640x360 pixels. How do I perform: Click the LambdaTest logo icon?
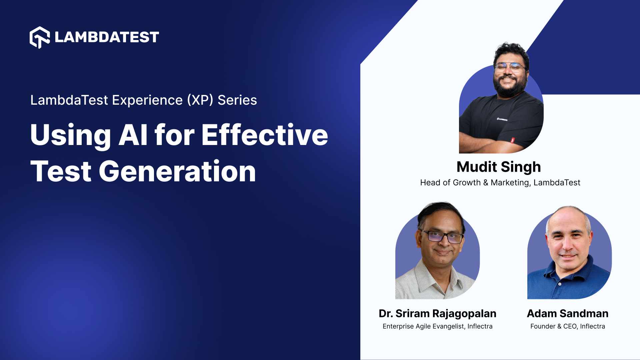[40, 37]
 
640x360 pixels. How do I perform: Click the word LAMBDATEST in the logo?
[107, 37]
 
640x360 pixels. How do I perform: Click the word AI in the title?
[133, 135]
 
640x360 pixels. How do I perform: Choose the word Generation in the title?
[177, 171]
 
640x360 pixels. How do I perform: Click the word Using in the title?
[70, 135]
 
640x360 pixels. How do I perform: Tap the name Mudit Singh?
[498, 167]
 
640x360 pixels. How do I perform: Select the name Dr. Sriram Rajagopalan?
[437, 313]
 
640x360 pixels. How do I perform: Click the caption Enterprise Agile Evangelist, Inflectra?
[437, 326]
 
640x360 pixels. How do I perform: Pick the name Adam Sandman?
[567, 313]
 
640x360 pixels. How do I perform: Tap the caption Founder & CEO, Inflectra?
[567, 326]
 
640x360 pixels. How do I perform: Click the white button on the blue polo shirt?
[560, 284]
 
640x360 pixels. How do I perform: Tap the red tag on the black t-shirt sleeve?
[513, 140]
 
